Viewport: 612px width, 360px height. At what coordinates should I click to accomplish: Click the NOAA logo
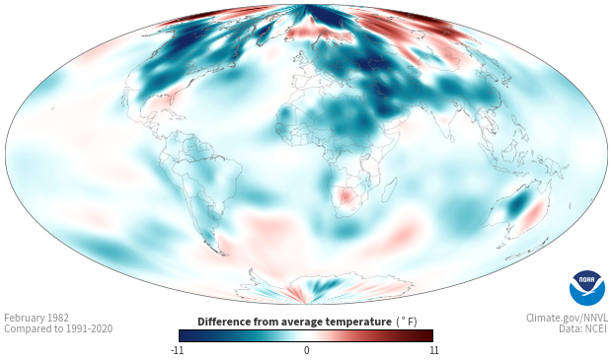[587, 288]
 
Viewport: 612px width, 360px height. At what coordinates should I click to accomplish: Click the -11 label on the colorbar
[177, 350]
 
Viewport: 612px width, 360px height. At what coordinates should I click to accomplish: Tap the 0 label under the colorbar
[306, 350]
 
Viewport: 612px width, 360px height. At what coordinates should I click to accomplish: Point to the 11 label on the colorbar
[434, 350]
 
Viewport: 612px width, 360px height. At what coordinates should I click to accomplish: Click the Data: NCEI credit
[583, 328]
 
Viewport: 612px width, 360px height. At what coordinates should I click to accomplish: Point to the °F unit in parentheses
[407, 323]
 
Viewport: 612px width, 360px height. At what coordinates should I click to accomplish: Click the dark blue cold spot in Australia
[518, 204]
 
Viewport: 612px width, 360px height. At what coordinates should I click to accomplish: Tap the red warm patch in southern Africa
[346, 195]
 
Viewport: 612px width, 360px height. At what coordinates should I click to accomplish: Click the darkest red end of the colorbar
[429, 335]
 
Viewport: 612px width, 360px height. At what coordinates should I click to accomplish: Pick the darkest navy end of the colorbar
[184, 335]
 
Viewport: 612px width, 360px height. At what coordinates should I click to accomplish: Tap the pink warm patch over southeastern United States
[160, 103]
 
